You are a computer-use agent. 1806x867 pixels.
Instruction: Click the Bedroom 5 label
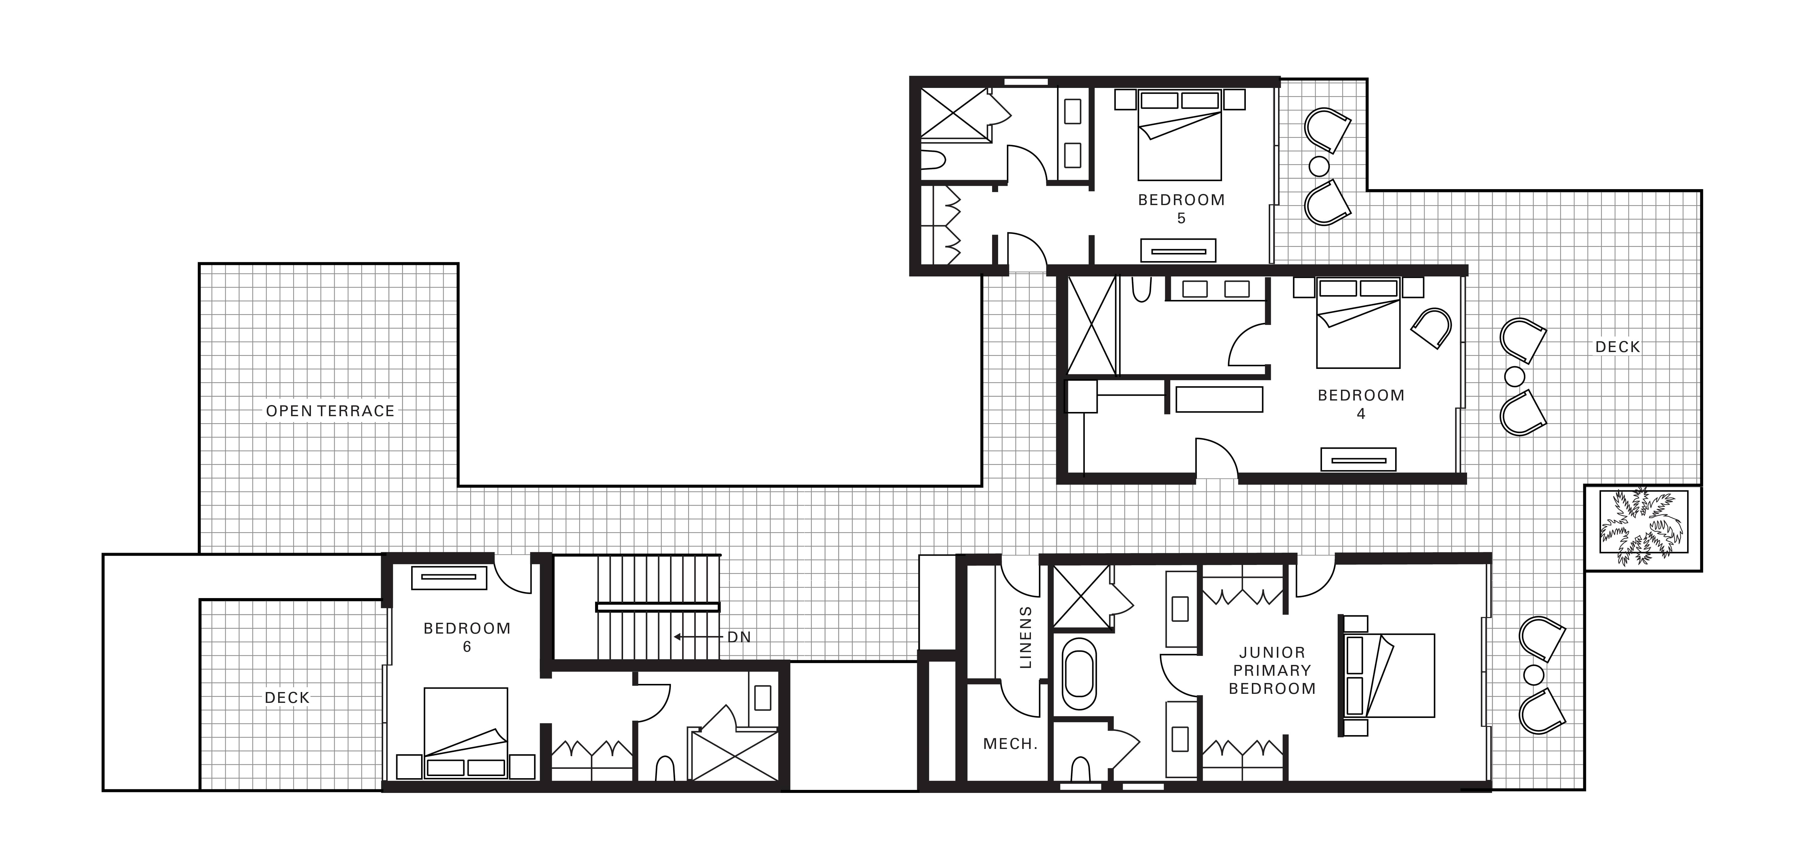click(x=1181, y=208)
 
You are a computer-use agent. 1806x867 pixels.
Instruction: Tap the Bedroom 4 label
click(x=1361, y=404)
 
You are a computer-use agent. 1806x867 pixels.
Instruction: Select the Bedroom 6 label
click(x=467, y=637)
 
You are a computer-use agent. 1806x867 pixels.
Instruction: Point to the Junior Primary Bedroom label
click(x=1272, y=671)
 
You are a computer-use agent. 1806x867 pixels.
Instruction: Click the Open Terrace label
click(x=330, y=411)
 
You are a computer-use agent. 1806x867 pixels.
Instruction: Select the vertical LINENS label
click(x=1026, y=637)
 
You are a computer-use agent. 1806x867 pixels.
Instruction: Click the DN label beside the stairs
click(x=739, y=637)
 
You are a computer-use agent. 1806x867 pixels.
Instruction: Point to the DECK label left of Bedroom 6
click(x=287, y=698)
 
